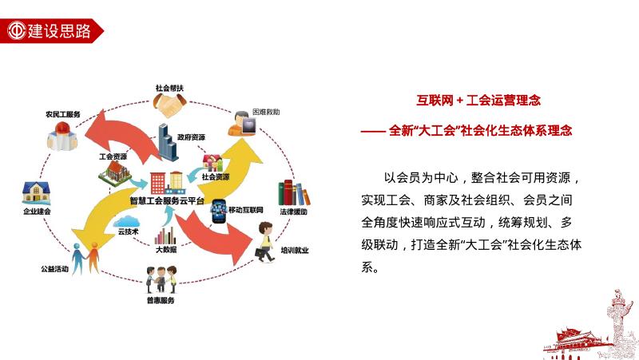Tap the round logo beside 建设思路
click(15, 31)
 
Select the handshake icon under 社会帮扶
click(170, 104)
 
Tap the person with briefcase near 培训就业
click(264, 241)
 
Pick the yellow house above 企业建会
click(37, 192)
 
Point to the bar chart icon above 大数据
click(166, 235)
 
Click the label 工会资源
click(112, 156)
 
